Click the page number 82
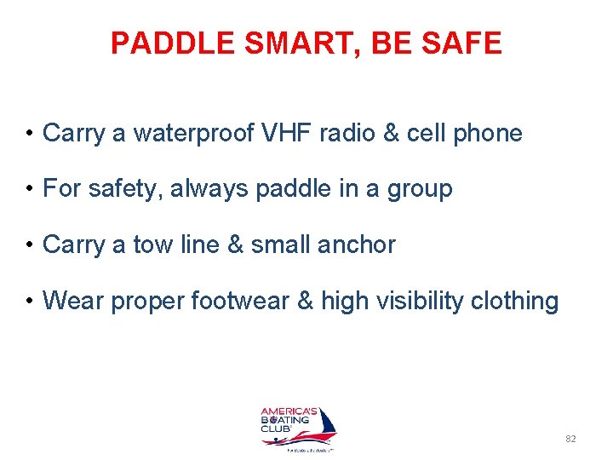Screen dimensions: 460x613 coord(570,439)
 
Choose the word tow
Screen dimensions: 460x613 coord(153,245)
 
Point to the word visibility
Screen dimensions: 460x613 coord(422,301)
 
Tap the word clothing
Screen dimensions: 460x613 coord(519,302)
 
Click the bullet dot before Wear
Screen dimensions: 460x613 coord(30,302)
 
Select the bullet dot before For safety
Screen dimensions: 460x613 coord(30,189)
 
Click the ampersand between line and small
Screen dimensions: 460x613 coord(235,245)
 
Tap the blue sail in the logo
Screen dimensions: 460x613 coord(326,425)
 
